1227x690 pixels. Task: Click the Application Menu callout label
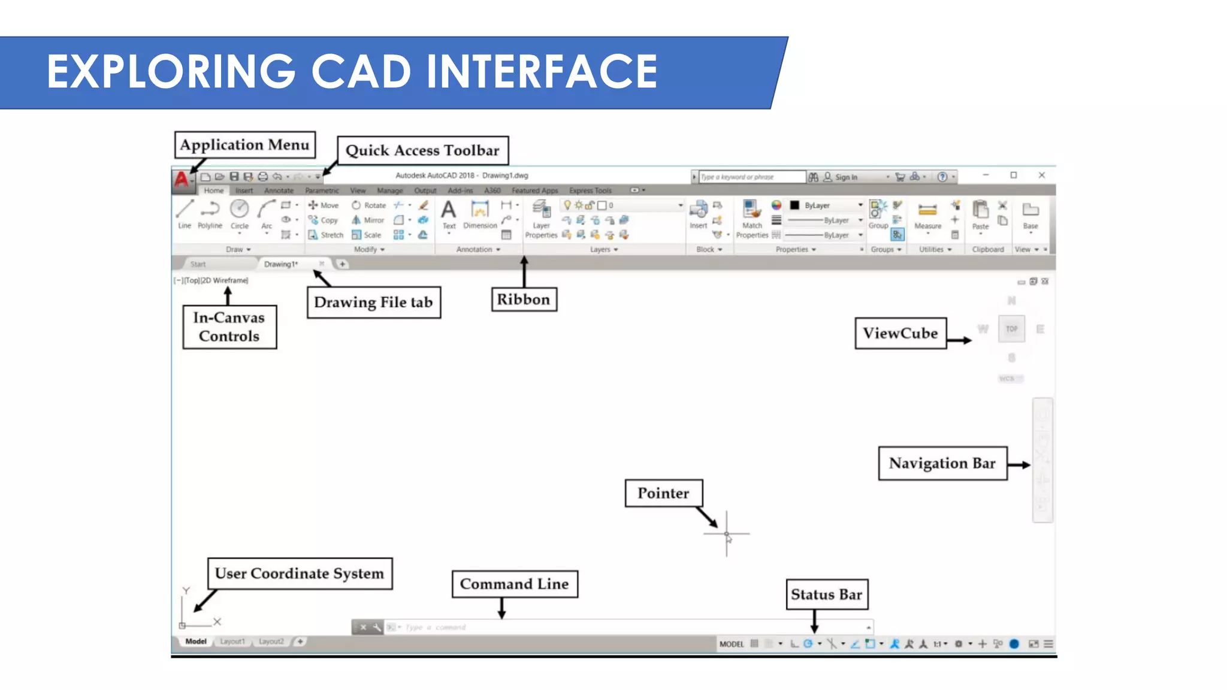244,145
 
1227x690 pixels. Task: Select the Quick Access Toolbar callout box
422,150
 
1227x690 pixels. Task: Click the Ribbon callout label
523,299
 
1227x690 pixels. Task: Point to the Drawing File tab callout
373,302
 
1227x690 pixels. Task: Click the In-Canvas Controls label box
229,327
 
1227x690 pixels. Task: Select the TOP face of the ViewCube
1011,329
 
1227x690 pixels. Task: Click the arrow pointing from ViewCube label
960,340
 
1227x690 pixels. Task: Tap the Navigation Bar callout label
942,463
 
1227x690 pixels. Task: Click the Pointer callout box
663,493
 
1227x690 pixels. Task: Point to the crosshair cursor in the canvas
727,533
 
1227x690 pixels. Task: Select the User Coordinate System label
300,574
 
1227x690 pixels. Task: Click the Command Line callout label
514,584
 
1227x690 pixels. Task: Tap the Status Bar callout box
826,594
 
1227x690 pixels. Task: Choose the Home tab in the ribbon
213,190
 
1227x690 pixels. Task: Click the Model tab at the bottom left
196,641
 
